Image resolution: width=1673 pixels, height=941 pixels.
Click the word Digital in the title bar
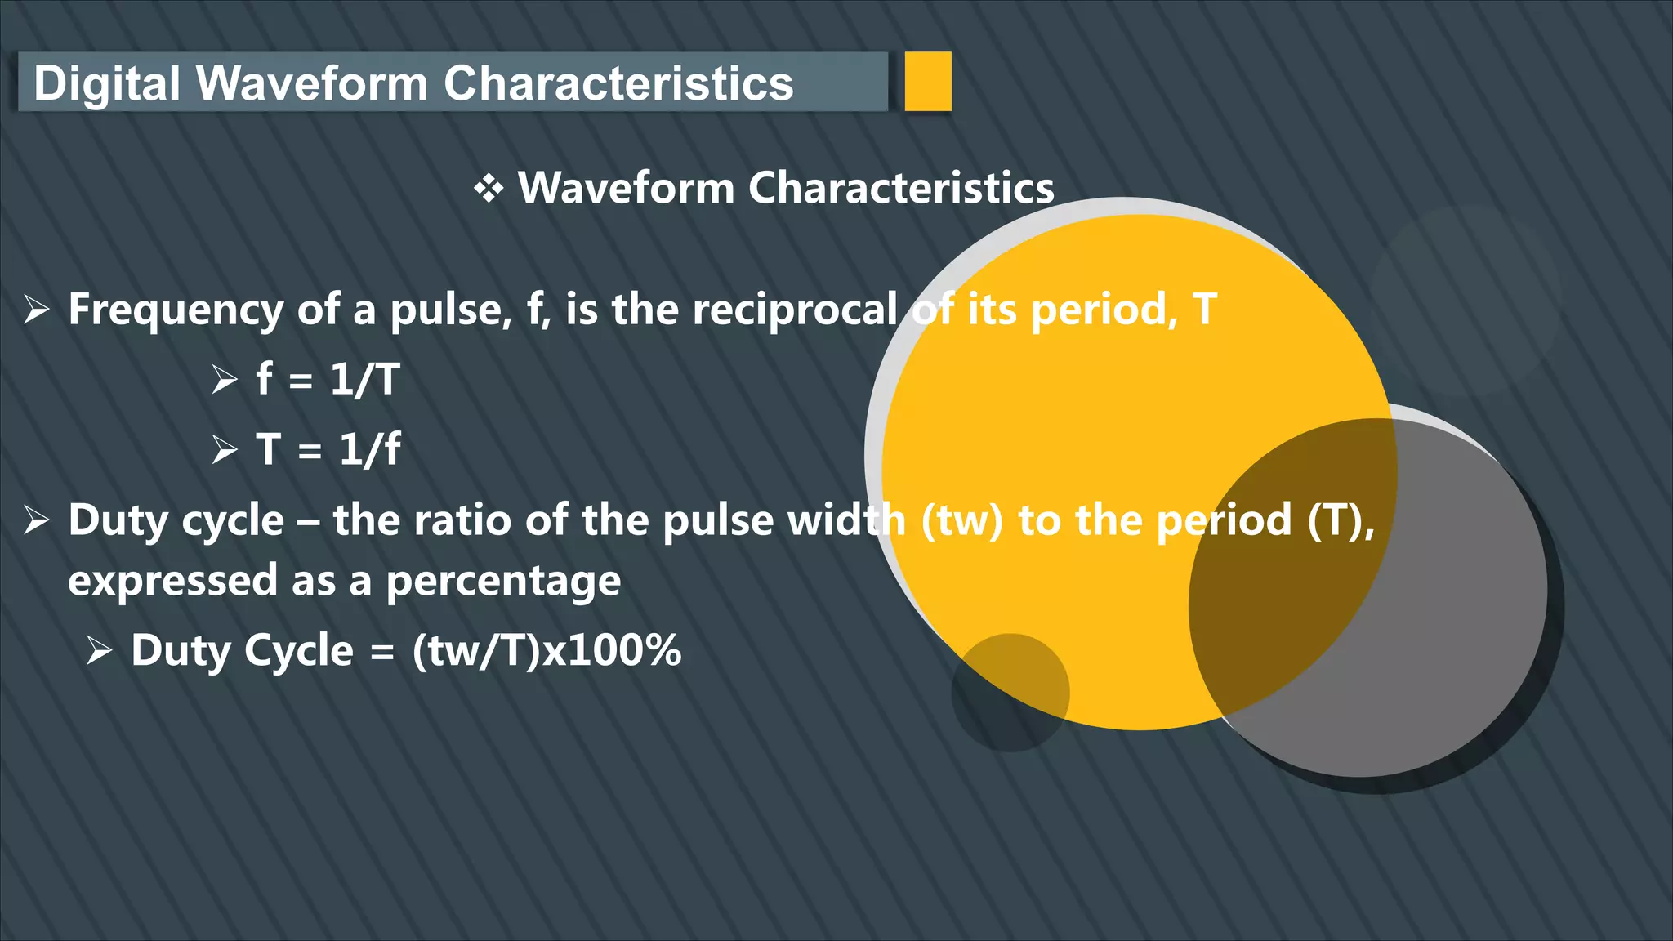pyautogui.click(x=106, y=83)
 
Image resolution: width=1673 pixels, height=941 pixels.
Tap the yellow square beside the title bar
pyautogui.click(x=928, y=81)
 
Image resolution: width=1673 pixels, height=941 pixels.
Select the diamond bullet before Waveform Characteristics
pyautogui.click(x=489, y=189)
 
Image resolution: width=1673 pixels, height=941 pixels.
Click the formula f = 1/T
pyautogui.click(x=328, y=380)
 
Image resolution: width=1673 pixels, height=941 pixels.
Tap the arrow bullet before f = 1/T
pyautogui.click(x=224, y=380)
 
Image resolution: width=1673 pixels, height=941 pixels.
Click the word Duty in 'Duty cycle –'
pyautogui.click(x=118, y=520)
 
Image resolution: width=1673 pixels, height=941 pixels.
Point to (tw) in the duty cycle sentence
pyautogui.click(x=961, y=520)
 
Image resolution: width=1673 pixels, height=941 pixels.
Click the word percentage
pyautogui.click(x=503, y=582)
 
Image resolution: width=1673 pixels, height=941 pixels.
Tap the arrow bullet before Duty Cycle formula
pyautogui.click(x=99, y=651)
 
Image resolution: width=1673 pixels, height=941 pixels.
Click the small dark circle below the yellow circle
pyautogui.click(x=1010, y=693)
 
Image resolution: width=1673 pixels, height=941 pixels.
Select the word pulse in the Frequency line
pyautogui.click(x=450, y=310)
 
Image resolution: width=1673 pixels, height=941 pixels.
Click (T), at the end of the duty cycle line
pyautogui.click(x=1341, y=520)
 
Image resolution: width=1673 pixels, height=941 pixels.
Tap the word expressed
pyautogui.click(x=172, y=582)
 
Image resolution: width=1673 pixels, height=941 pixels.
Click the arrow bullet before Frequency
pyautogui.click(x=37, y=310)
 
